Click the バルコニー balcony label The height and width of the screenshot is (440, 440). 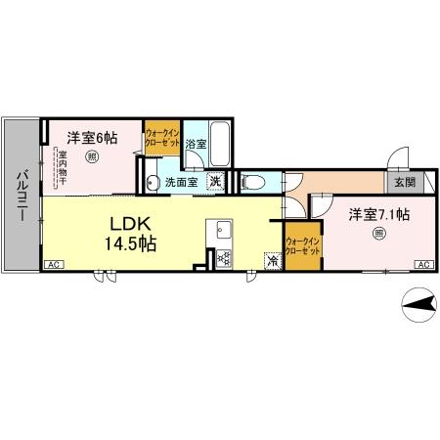coord(21,196)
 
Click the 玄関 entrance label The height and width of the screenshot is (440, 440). coord(405,182)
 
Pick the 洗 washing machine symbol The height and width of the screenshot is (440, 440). coord(213,180)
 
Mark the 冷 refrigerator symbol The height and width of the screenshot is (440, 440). coord(273,261)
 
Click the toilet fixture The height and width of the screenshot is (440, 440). coord(252,181)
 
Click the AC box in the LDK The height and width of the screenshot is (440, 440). coord(54,264)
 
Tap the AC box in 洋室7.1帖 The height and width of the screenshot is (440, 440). coord(424,264)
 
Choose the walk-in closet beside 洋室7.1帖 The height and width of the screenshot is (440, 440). coord(302,246)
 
